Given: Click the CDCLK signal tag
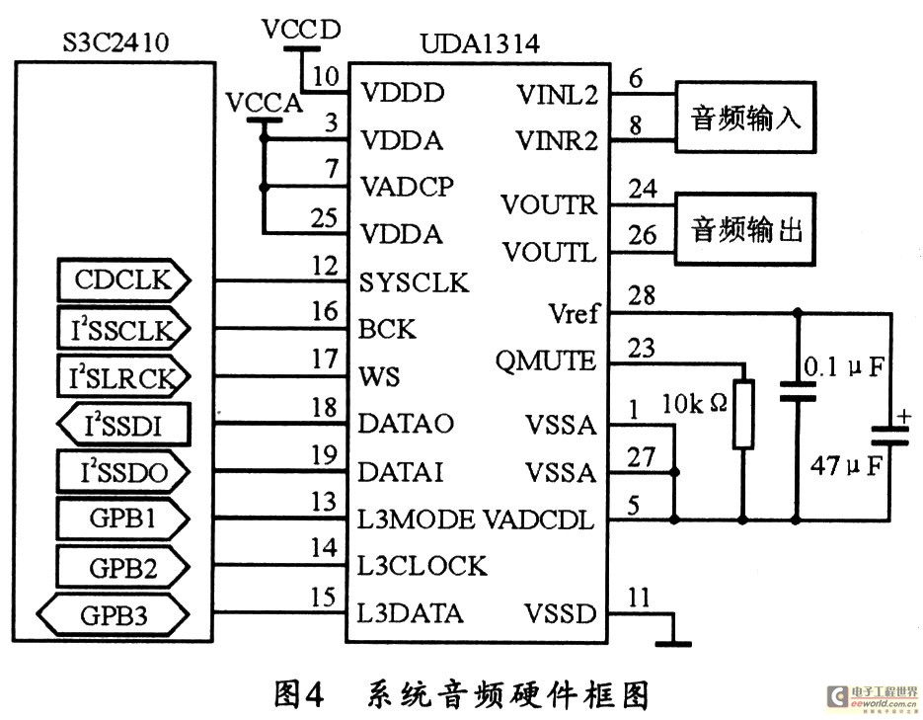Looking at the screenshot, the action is [x=123, y=280].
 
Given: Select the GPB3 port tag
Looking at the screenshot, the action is [x=113, y=615].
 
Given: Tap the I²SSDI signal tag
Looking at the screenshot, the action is [x=123, y=425].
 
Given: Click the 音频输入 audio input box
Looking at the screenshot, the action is [x=745, y=118].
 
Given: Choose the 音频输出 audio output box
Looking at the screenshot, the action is [x=745, y=228].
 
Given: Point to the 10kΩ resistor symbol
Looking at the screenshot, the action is [x=743, y=415].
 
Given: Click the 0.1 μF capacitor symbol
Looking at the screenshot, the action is [x=798, y=391].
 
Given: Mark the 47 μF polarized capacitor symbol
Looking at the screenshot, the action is [x=890, y=436].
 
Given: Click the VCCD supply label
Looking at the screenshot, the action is [x=301, y=30].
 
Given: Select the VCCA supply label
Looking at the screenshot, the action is [x=265, y=103].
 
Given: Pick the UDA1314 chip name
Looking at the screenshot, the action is [x=480, y=43].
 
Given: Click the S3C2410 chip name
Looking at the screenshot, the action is [x=115, y=41].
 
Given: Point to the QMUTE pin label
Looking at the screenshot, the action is [x=546, y=360].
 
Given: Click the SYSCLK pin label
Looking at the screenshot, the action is [x=414, y=282].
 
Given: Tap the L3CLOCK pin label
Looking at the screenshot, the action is [x=423, y=566].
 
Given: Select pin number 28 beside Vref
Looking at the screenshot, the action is [x=642, y=295].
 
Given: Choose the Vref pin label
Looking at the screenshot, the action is [x=574, y=313].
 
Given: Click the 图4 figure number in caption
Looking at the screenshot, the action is [x=299, y=694].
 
